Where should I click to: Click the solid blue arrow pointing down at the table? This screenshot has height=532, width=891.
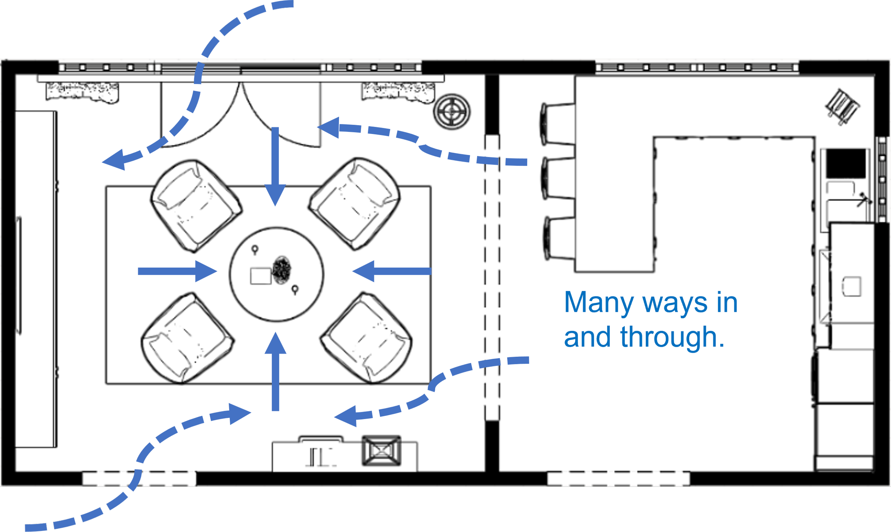tap(275, 165)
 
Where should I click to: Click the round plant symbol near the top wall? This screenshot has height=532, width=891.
tap(452, 112)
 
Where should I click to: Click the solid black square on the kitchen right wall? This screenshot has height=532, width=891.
tap(845, 164)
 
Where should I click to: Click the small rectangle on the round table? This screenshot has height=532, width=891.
tap(261, 276)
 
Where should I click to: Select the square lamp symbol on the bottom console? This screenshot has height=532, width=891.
tap(381, 451)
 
